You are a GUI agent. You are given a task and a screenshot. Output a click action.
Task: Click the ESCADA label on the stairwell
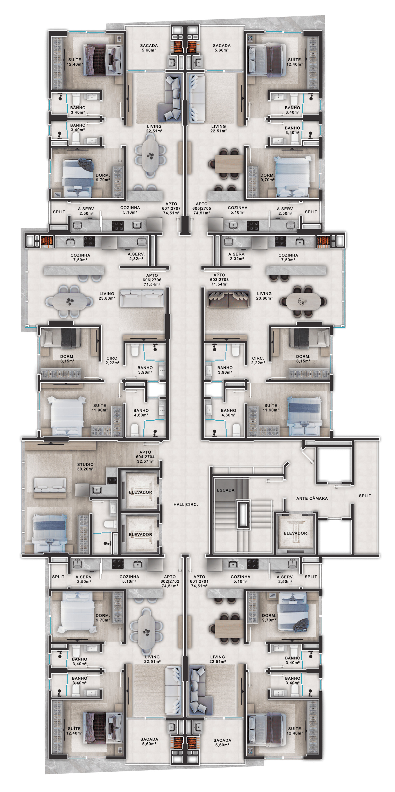click(225, 490)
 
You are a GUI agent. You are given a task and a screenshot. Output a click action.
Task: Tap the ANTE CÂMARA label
click(312, 498)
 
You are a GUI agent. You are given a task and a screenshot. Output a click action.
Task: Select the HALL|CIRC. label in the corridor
click(186, 504)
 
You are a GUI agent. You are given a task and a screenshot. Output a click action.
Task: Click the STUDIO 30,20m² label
click(85, 467)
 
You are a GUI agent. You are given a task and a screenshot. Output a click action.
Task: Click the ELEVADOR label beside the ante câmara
click(295, 533)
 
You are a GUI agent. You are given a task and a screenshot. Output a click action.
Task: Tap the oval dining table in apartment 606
click(69, 301)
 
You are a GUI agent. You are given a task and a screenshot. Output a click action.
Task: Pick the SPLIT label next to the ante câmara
click(365, 496)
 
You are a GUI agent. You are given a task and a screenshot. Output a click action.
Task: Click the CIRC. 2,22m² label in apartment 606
click(113, 361)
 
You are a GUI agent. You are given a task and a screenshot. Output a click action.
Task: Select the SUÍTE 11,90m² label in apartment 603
click(271, 408)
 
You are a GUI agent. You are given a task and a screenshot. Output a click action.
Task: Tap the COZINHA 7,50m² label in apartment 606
click(80, 257)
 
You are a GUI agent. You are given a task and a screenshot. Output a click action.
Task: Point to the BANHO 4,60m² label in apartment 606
click(141, 413)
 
